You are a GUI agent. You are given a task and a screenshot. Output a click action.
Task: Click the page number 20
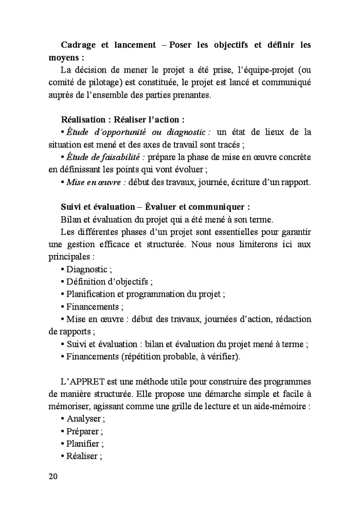pos(53,476)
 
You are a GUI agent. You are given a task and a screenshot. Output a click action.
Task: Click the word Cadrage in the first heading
pos(77,45)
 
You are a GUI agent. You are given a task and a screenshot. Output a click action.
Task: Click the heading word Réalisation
pos(84,120)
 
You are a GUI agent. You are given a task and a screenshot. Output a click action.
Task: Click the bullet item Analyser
pos(83,418)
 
